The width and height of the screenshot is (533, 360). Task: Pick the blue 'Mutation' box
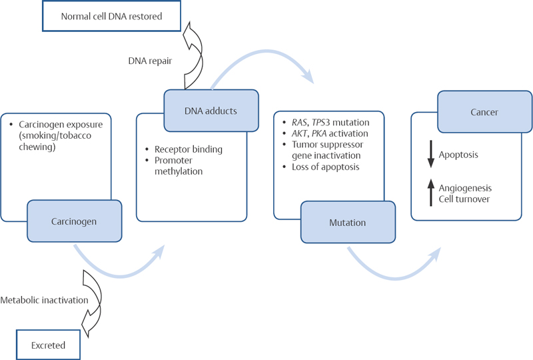[x=348, y=222]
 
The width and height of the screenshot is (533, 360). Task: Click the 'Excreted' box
[x=49, y=345]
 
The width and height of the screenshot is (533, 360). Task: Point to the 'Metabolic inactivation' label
[x=44, y=300]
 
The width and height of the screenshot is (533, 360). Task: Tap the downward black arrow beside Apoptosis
[x=430, y=154]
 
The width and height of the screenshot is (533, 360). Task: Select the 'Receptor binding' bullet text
[x=187, y=149]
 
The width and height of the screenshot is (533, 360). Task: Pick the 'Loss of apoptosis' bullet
[x=325, y=167]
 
